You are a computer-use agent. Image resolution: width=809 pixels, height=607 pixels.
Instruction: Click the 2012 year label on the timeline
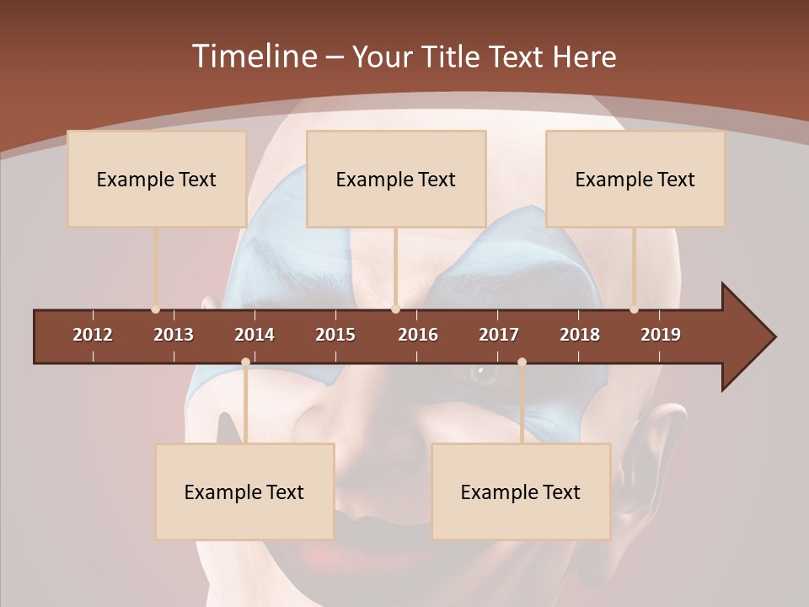93,335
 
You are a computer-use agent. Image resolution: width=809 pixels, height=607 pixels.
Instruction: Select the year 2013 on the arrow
174,335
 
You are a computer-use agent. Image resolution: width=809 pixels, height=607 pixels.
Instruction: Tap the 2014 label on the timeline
254,335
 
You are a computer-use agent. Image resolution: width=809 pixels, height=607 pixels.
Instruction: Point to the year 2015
335,335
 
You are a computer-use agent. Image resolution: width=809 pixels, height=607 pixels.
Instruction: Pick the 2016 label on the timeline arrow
418,335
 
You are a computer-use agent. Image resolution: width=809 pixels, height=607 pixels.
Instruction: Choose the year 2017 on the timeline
499,335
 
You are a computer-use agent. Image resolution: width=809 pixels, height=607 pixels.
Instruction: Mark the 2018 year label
580,335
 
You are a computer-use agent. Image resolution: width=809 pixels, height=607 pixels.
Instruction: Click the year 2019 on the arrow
661,335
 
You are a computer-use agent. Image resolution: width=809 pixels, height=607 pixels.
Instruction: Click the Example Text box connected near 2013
157,179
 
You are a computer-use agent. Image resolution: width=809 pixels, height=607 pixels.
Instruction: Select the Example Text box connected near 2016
396,179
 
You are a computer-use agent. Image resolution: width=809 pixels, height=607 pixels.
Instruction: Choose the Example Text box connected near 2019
635,179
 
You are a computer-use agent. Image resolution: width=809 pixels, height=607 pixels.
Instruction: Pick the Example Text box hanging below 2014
244,492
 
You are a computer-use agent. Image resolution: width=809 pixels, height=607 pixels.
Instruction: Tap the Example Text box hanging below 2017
521,492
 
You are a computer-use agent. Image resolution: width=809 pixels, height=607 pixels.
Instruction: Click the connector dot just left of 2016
396,309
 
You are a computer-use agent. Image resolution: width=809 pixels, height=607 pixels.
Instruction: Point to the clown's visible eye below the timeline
483,372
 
